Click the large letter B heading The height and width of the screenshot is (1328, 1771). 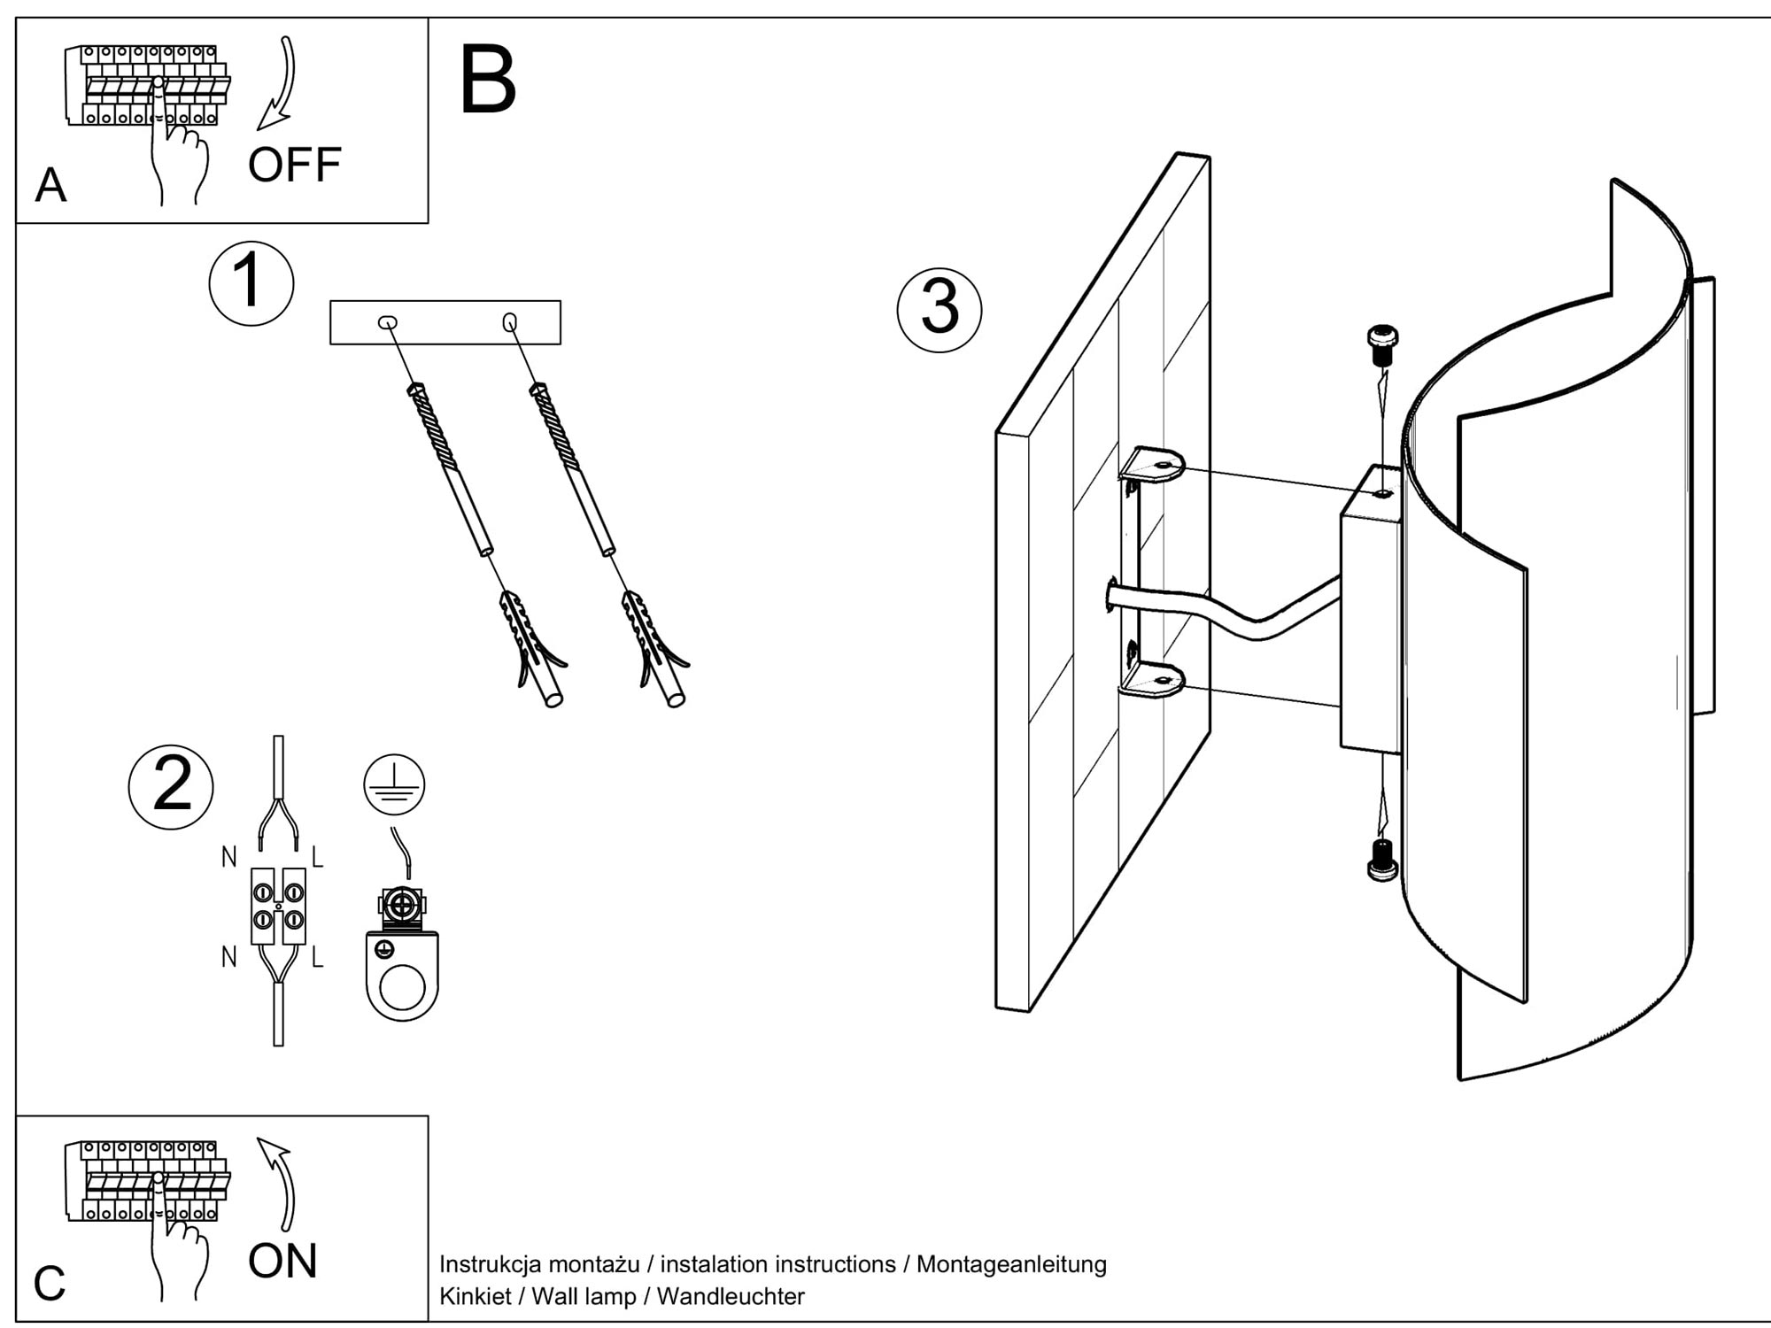point(488,81)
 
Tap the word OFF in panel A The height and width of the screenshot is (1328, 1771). point(295,165)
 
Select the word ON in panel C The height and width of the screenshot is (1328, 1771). point(282,1262)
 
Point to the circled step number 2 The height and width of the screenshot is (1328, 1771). point(171,786)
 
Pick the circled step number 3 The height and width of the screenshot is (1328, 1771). point(940,309)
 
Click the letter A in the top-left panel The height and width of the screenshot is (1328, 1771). point(50,186)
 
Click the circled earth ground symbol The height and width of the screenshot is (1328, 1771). point(394,784)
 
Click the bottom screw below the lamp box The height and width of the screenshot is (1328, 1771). point(1380,860)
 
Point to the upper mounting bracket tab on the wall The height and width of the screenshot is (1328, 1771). point(1156,465)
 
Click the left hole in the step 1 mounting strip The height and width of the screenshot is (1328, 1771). point(388,323)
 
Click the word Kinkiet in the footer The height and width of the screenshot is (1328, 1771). point(476,1297)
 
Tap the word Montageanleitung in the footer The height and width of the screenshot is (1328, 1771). point(1011,1264)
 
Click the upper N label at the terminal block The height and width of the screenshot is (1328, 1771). point(229,857)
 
